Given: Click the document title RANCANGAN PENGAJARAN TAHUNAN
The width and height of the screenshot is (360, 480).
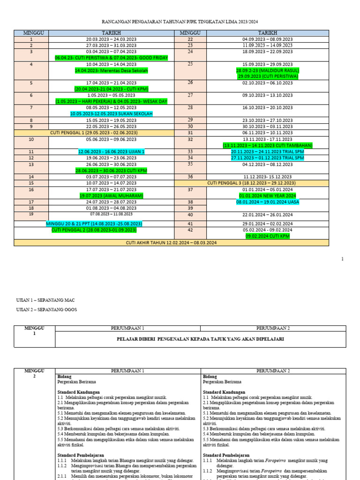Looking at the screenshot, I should (180, 22).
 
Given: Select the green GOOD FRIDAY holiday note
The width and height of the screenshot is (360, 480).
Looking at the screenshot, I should (111, 58).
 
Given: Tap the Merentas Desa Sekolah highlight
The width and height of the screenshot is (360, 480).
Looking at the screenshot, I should (111, 70).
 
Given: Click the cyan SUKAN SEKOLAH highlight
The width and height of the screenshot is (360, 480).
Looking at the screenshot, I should (111, 114).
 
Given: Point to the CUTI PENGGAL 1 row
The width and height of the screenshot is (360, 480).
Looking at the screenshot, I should (94, 133).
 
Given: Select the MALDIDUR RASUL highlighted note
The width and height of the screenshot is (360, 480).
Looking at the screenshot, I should (267, 70).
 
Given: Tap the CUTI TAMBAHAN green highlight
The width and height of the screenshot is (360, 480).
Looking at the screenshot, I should (267, 145).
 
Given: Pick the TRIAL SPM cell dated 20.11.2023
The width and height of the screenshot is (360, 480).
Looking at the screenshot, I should (267, 152).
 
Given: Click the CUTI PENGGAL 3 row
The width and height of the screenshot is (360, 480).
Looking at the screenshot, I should (251, 183).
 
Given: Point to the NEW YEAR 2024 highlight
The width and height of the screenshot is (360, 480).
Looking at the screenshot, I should (267, 195).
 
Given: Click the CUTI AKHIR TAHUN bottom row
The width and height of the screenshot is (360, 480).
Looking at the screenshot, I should (171, 242).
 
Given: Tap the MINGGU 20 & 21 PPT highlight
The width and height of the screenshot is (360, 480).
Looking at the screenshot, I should (94, 224).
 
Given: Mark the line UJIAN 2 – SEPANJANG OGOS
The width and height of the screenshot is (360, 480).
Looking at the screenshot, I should (46, 309).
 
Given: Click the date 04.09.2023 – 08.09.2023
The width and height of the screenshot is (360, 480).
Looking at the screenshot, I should (267, 39).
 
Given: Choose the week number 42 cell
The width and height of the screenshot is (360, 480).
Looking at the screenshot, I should (190, 230).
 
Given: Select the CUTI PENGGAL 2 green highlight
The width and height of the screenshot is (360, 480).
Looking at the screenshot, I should (94, 230).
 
